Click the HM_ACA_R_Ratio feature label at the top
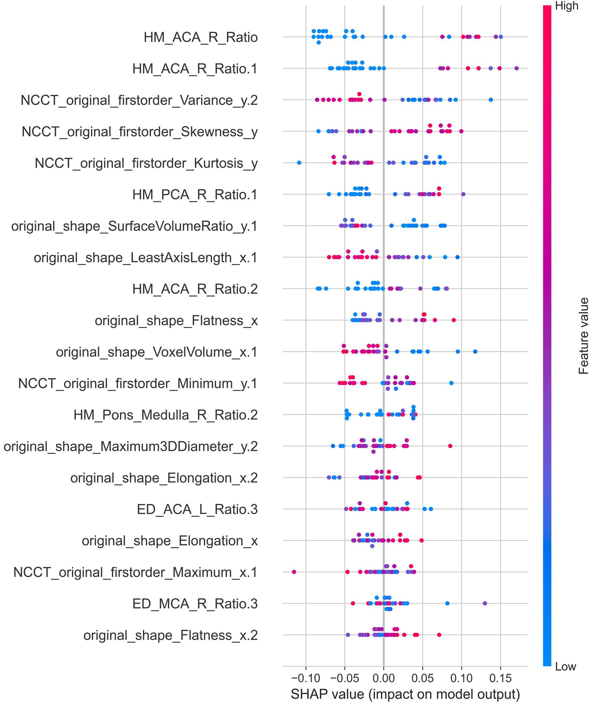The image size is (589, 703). pos(200,37)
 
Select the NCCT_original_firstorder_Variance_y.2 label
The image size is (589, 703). pos(139,100)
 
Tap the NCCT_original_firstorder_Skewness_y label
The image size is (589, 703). pos(140,131)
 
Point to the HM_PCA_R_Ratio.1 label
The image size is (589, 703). pos(195,194)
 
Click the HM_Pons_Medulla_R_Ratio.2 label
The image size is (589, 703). pos(165,415)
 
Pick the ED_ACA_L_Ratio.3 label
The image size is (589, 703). pos(197,509)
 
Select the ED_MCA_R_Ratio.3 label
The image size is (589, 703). pos(195,604)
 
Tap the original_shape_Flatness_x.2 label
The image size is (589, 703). pos(171,635)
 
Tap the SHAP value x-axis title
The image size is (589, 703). pos(405,694)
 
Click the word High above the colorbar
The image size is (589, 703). pos(567,6)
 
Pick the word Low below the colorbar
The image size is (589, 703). pos(566,666)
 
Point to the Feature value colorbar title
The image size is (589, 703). pos(583,336)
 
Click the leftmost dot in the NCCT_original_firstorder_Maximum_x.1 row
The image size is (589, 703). pos(294,572)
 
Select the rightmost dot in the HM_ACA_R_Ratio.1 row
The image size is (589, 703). pos(517,68)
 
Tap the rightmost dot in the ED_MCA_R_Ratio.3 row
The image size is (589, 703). pos(485,603)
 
